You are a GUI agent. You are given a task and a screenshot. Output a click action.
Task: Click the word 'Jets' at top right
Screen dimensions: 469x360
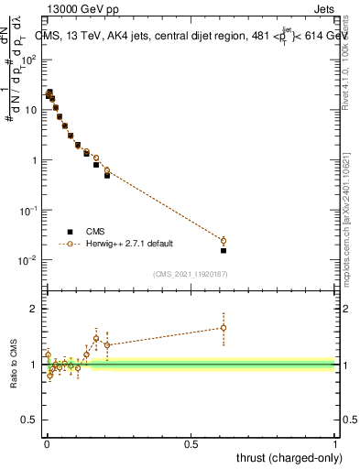[x=322, y=11]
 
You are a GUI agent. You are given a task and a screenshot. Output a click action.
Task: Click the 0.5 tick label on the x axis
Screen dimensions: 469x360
[x=191, y=444]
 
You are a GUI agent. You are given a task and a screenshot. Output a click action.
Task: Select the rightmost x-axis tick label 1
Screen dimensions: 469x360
[x=335, y=444]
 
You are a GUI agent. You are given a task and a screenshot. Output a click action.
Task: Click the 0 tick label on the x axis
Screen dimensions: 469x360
[x=47, y=444]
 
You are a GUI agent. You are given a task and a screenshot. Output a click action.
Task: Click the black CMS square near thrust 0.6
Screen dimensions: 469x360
[x=224, y=250]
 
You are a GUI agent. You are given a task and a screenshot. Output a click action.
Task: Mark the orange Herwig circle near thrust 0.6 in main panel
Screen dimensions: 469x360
[x=224, y=241]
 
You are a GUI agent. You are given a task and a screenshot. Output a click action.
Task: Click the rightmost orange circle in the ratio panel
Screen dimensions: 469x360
[x=224, y=328]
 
